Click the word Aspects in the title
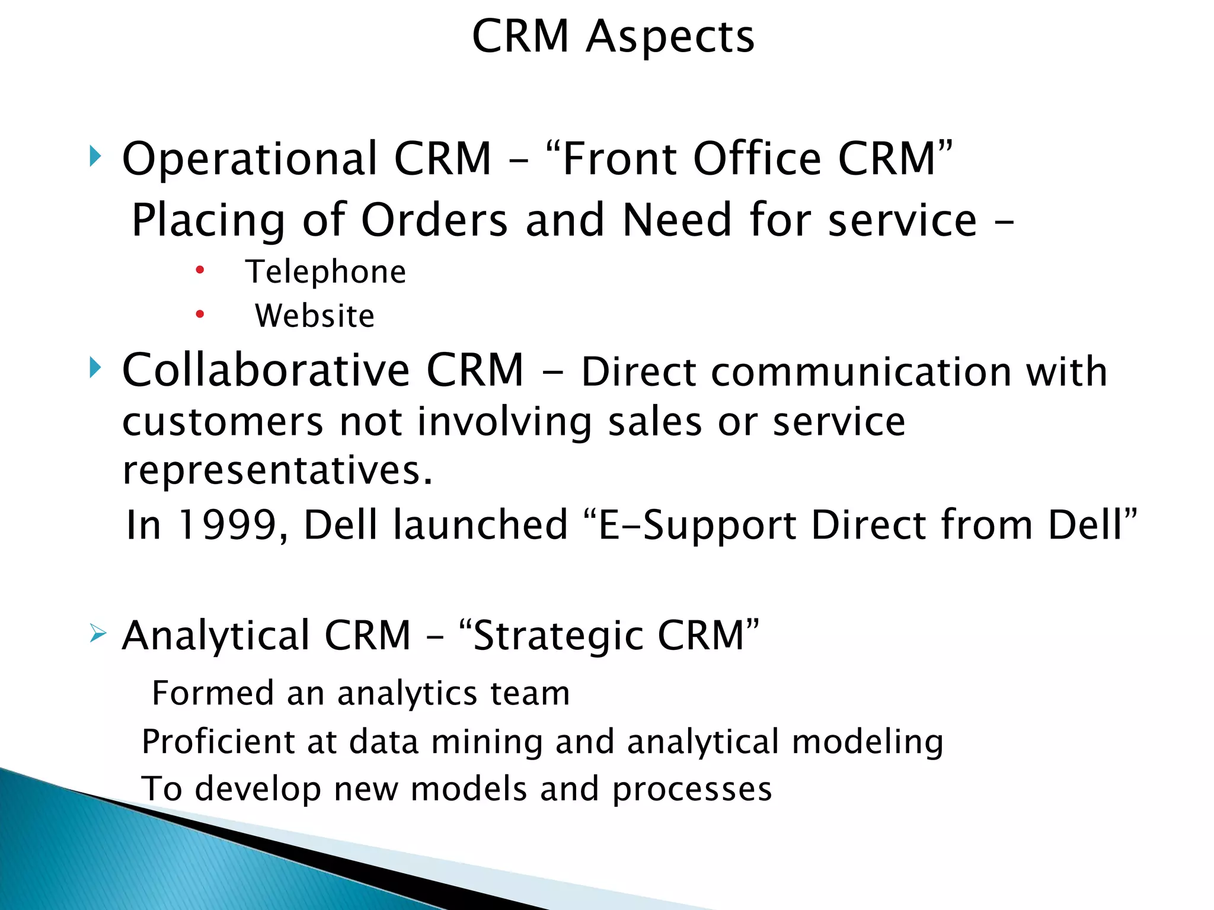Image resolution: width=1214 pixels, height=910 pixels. [x=670, y=37]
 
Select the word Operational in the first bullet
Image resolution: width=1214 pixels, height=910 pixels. [x=249, y=159]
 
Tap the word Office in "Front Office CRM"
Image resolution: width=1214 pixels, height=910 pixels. [x=758, y=159]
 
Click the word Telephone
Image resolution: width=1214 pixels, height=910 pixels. [x=326, y=272]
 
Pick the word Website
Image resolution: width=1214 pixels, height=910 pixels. [x=315, y=316]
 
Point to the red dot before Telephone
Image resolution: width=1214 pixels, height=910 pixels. [x=200, y=270]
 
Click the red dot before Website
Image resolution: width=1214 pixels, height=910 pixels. [x=200, y=314]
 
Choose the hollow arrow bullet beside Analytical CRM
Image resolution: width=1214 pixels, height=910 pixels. [x=97, y=634]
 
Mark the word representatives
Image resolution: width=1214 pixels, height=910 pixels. [x=277, y=470]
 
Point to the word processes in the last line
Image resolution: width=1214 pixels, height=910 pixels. [x=692, y=789]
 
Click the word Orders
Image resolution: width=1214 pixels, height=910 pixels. [x=435, y=220]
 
